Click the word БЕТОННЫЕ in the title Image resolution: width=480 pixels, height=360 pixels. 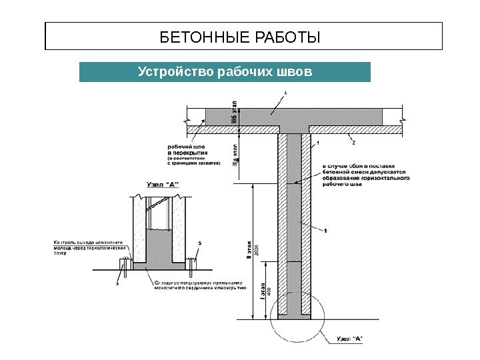195,36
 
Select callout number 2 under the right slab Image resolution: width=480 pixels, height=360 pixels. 353,143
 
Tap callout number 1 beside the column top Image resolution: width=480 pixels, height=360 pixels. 319,143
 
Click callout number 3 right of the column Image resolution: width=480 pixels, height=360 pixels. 325,231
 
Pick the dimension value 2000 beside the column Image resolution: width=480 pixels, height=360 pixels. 257,250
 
